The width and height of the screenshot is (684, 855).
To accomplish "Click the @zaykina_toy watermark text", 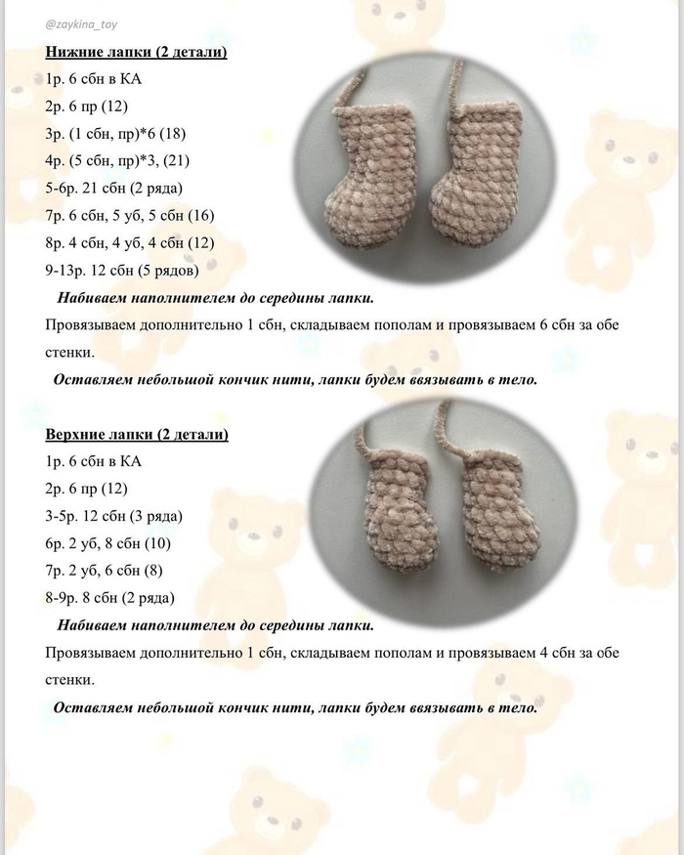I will (87, 22).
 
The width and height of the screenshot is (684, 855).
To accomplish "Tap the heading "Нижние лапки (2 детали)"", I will (136, 52).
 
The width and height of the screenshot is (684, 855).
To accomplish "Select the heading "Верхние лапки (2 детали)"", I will (137, 434).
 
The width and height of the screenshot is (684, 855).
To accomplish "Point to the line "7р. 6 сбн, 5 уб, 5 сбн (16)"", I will (130, 215).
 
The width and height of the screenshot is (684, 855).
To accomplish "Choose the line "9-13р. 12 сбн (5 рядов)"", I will (122, 270).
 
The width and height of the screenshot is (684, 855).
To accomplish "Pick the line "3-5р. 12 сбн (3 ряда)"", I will (114, 515).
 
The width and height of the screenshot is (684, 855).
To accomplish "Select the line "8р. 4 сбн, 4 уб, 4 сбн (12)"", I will (130, 242).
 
